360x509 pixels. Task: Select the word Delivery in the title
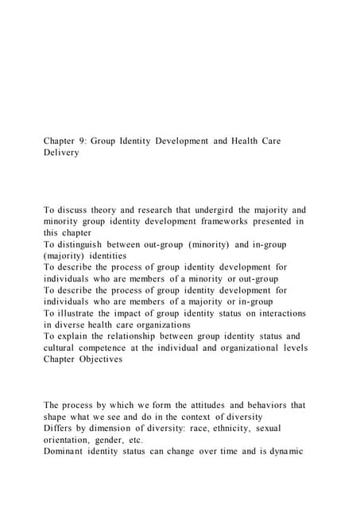(61, 153)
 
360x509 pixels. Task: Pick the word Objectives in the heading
(98, 359)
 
